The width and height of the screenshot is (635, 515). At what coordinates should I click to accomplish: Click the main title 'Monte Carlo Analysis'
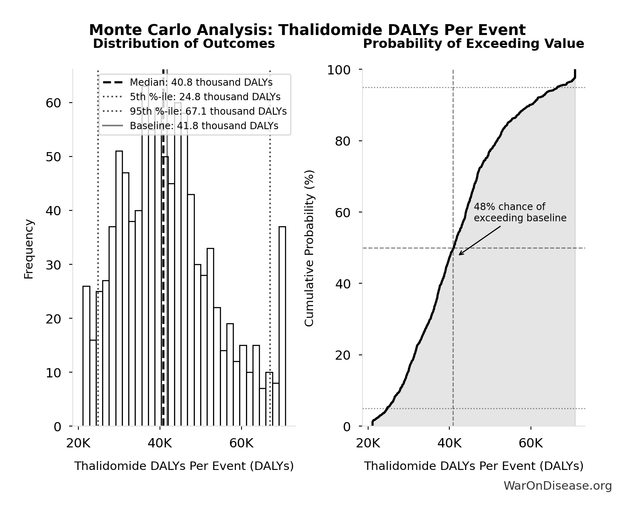[307, 30]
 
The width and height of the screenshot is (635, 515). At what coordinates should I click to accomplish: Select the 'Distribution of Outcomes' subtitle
[184, 43]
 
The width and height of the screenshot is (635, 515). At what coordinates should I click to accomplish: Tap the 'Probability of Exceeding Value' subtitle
[473, 43]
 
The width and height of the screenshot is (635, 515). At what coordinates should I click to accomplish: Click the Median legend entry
[201, 82]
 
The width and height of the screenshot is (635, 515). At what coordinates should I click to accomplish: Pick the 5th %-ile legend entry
[205, 97]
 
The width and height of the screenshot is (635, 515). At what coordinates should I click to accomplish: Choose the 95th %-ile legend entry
[208, 111]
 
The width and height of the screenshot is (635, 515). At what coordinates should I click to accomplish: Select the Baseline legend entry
[204, 126]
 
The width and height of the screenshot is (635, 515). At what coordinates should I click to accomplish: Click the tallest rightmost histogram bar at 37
[282, 326]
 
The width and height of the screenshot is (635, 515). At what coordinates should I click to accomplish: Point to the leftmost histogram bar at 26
[86, 356]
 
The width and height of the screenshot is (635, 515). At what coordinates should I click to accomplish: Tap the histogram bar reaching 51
[119, 288]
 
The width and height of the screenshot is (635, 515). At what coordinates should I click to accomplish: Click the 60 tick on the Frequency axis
[53, 103]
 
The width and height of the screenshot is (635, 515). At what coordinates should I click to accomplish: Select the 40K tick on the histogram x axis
[160, 444]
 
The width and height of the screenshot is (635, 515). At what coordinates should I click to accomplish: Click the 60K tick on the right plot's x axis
[531, 444]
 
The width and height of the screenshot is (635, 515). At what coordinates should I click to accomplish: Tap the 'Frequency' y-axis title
[29, 249]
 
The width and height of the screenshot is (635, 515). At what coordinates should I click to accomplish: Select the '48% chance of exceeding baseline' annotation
[520, 212]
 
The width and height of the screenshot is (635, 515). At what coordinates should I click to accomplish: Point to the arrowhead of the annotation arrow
[460, 254]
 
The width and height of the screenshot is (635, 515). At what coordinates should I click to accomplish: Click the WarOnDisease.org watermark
[557, 486]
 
